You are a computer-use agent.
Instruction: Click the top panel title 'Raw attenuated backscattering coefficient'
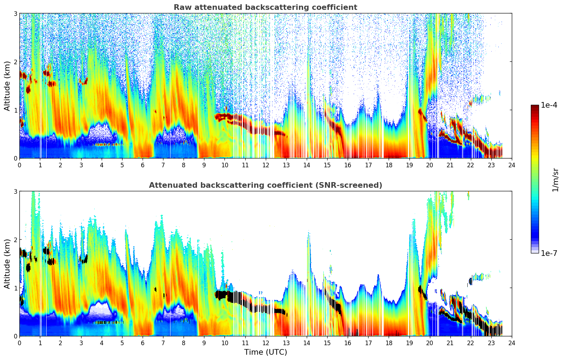(x=265, y=7)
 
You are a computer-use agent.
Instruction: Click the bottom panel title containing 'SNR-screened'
(x=265, y=185)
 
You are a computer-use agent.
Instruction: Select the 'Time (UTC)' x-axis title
(x=265, y=352)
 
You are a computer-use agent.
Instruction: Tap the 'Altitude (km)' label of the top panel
(x=7, y=86)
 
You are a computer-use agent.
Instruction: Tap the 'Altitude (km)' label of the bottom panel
(x=7, y=264)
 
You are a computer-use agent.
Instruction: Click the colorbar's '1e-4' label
(x=549, y=105)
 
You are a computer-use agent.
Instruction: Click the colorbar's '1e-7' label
(x=549, y=253)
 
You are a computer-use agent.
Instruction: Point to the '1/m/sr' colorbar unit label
(x=555, y=180)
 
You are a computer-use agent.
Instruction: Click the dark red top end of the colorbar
(x=535, y=107)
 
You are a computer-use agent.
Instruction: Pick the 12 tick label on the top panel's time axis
(x=265, y=165)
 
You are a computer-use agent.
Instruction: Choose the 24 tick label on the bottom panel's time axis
(x=512, y=343)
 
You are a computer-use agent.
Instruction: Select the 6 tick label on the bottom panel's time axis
(x=143, y=343)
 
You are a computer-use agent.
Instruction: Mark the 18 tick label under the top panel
(x=389, y=165)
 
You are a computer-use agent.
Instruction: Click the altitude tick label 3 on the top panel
(x=15, y=13)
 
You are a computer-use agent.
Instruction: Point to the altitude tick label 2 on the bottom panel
(x=15, y=240)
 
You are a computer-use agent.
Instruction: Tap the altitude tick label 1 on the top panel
(x=15, y=110)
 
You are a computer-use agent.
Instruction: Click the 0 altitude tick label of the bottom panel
(x=15, y=336)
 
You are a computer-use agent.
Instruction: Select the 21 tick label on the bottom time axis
(x=450, y=343)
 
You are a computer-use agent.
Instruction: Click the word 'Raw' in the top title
(x=181, y=7)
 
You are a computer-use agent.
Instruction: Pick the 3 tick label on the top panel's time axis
(x=81, y=165)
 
